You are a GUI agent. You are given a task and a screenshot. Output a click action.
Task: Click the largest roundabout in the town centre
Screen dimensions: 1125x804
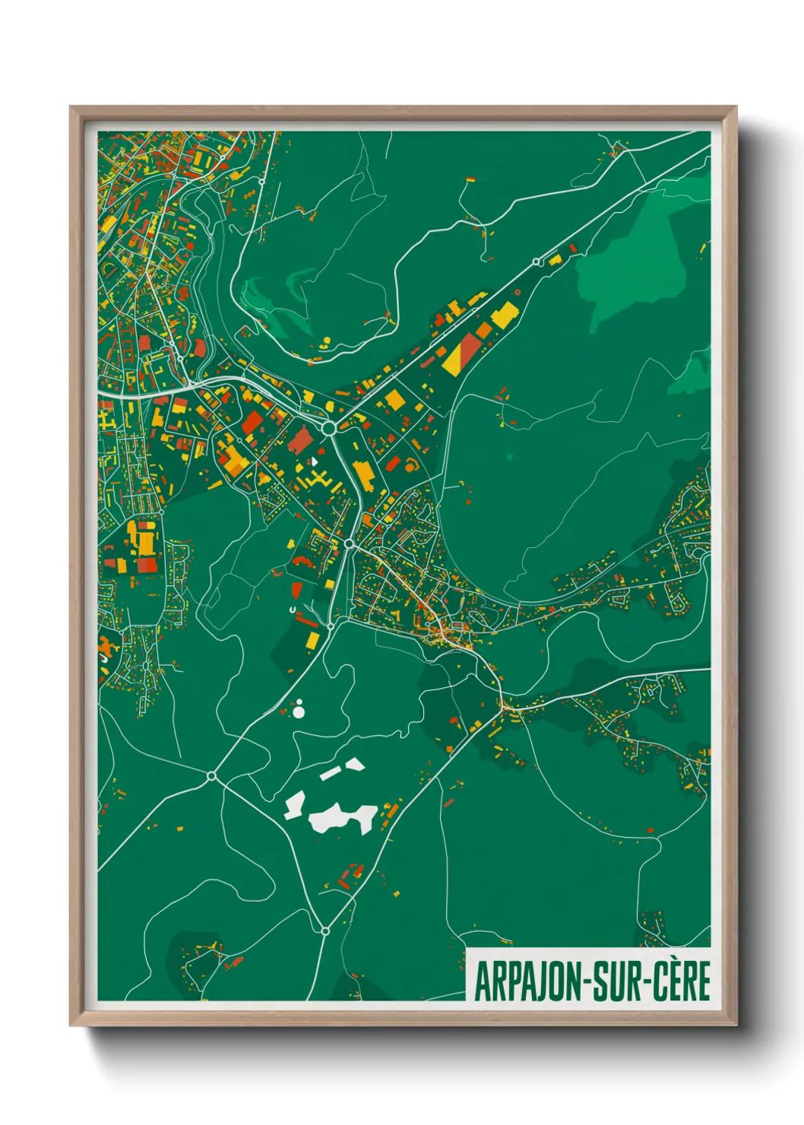329,429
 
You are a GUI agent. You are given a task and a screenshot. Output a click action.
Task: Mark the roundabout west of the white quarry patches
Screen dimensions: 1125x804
211,776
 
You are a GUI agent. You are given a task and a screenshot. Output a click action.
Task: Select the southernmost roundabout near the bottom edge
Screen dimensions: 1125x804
325,930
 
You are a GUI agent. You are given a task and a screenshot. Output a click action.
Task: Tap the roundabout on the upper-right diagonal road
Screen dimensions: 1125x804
537,261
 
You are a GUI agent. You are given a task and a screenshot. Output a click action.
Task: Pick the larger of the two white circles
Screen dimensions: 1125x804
299,712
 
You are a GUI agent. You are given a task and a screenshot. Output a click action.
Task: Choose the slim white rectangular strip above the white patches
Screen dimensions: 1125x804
331,773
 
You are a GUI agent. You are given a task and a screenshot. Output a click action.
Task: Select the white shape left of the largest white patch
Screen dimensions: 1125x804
295,804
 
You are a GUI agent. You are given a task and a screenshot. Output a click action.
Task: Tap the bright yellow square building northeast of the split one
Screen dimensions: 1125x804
505,313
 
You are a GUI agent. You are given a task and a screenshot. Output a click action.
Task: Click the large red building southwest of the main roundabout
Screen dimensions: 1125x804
301,440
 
